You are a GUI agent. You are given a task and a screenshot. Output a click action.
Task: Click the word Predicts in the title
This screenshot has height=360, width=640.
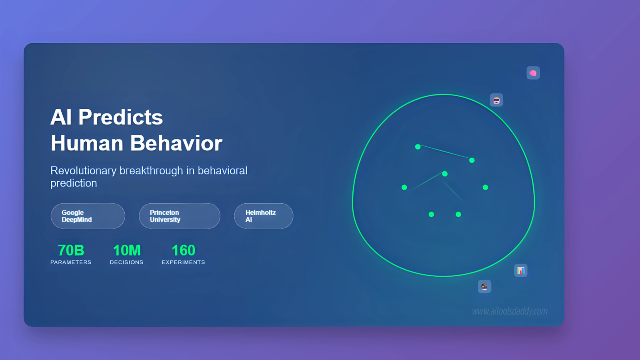coord(120,117)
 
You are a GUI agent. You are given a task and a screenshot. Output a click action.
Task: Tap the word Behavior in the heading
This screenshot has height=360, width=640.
coord(176,143)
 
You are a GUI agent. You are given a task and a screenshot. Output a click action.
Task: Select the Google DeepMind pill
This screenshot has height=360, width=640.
coord(88,216)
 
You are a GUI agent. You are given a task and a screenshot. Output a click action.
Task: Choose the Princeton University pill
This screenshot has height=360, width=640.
coord(180,216)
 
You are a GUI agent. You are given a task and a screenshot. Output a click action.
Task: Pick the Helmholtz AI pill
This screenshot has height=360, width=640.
coord(264,216)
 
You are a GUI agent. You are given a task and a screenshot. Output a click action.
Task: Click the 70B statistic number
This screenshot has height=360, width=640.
coord(71,250)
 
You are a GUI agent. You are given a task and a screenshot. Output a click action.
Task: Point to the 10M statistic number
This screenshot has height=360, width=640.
coord(127,250)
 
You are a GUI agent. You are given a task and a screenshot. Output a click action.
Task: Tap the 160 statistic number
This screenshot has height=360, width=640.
coord(184,250)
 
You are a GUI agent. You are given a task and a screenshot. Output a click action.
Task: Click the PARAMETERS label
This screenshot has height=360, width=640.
coord(71,262)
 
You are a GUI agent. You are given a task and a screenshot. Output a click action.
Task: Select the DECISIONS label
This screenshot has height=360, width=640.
coord(126,262)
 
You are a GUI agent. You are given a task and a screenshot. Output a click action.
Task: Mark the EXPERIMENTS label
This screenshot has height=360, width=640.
coord(184,262)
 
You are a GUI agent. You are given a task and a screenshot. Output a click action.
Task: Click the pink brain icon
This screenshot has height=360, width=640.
coord(533,73)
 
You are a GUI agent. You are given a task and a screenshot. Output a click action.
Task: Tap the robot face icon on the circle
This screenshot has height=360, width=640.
coord(496,100)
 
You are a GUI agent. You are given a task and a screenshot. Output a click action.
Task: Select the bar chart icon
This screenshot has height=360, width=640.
coord(521,270)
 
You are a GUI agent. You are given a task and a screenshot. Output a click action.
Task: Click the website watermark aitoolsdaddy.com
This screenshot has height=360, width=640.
coord(510,311)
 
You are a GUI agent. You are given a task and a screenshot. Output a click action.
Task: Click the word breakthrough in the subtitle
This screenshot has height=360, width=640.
coord(151,170)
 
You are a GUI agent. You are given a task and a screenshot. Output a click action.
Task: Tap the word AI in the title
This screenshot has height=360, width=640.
coord(61,117)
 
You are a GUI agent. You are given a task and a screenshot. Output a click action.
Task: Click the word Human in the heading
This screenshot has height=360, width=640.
coord(87,143)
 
